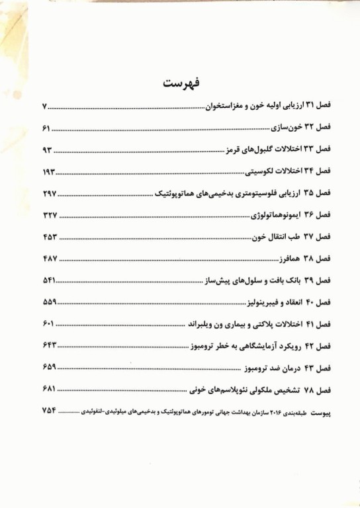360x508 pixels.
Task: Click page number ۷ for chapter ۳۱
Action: pyautogui.click(x=44, y=106)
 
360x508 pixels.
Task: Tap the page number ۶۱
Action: pyautogui.click(x=46, y=127)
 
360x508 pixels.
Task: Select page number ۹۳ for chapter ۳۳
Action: pyautogui.click(x=47, y=149)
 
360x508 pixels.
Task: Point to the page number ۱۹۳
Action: pyautogui.click(x=49, y=171)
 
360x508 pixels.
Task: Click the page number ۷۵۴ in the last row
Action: pyautogui.click(x=50, y=411)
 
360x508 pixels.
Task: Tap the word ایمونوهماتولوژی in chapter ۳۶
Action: pyautogui.click(x=277, y=215)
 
